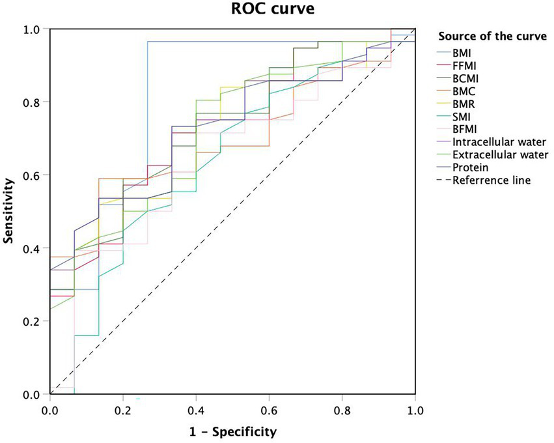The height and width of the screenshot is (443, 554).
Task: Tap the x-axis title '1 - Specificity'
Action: tap(232, 431)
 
